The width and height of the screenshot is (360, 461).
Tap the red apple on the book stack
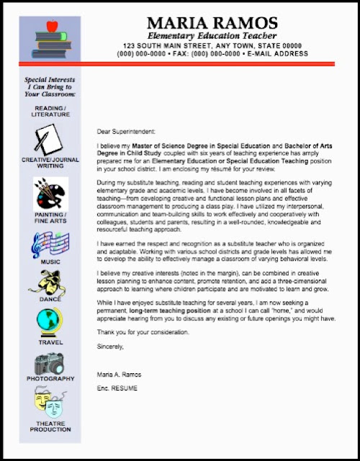50,27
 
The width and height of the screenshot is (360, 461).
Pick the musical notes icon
50,245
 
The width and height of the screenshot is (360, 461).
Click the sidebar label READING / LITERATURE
50,111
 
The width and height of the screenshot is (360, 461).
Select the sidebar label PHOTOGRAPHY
50,378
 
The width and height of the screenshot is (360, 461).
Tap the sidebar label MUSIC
50,261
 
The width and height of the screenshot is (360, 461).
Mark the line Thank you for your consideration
142,332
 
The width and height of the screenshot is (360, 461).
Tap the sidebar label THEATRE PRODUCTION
50,426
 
